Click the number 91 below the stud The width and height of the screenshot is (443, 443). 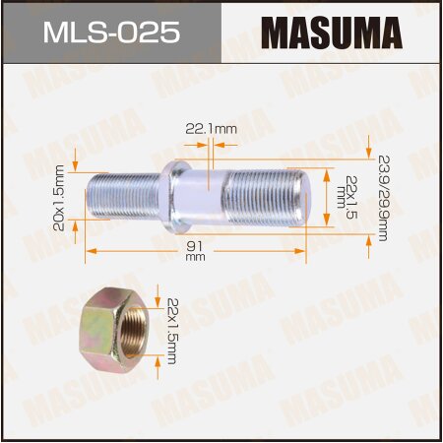click(194, 245)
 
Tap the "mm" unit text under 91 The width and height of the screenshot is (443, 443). click(194, 257)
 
